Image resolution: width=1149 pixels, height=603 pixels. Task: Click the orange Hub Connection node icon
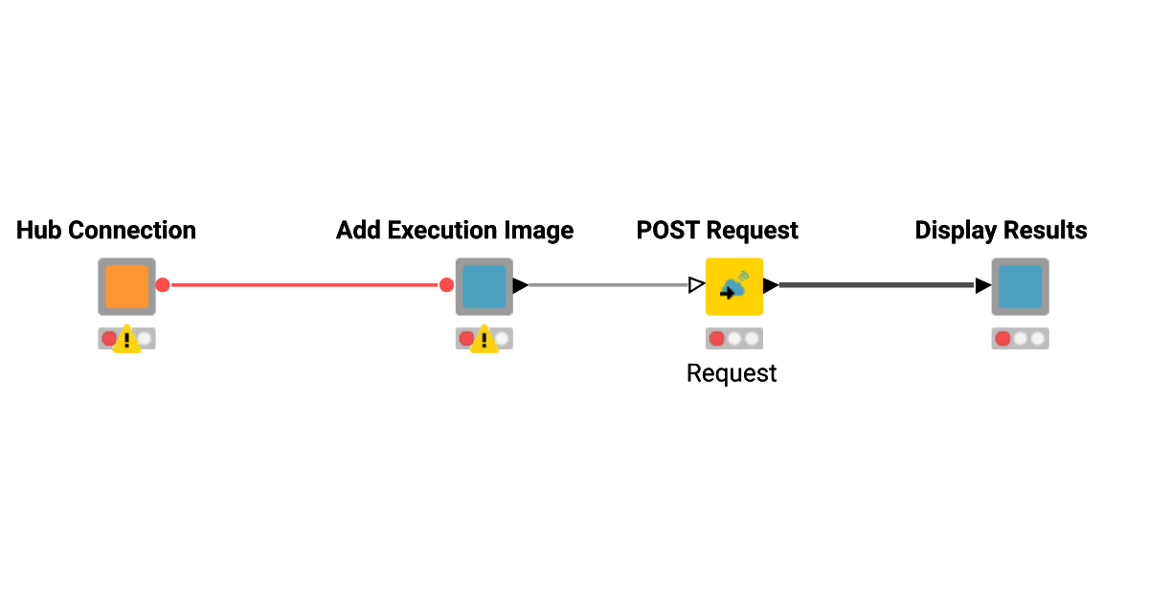point(126,286)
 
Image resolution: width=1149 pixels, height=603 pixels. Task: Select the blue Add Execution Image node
point(484,286)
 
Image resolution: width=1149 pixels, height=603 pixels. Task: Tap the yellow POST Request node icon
point(733,286)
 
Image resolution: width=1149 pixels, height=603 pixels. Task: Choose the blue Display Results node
point(1020,286)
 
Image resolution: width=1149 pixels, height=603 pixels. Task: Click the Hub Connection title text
point(106,231)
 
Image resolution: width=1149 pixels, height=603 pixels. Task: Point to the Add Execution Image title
point(455,231)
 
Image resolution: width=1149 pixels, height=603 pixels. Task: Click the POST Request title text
point(717,231)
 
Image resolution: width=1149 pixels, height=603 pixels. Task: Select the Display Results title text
point(1001,231)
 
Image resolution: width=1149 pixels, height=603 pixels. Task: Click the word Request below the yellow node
point(732,373)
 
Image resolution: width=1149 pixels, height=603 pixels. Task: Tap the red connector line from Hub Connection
point(304,285)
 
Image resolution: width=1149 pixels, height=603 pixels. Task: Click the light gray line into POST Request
point(608,285)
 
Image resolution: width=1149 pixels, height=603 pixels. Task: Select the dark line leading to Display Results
point(876,285)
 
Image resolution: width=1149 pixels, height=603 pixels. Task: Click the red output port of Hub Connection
point(163,285)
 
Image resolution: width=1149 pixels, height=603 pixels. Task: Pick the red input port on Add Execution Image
point(446,285)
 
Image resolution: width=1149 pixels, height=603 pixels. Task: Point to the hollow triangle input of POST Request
point(696,285)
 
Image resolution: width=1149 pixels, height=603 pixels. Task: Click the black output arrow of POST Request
point(770,285)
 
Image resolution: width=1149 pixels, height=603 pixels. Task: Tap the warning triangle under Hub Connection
point(126,340)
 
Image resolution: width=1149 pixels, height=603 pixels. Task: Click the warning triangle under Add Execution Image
point(484,340)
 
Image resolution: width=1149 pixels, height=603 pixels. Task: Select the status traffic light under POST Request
point(733,339)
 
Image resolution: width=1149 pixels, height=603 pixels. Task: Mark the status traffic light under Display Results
point(1020,339)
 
